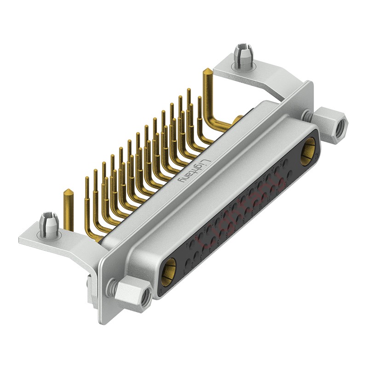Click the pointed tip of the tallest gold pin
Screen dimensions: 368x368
tap(207, 71)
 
